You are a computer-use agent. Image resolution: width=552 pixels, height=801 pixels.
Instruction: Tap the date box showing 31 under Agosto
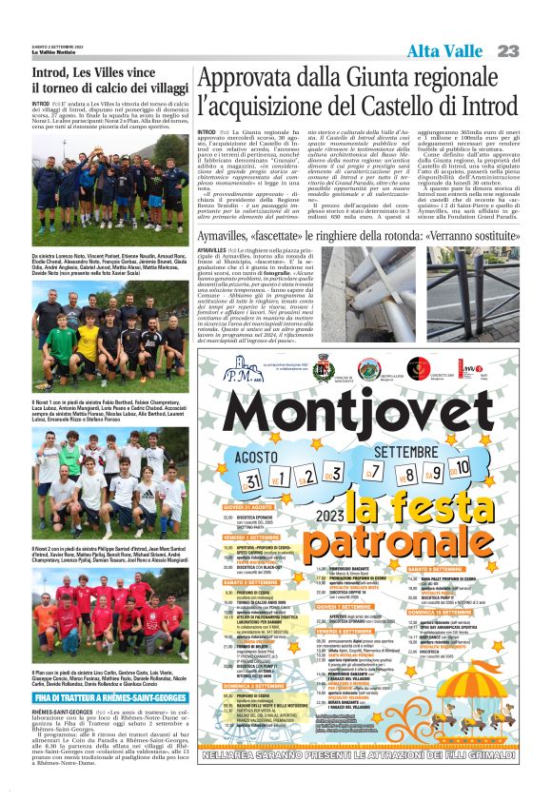(252, 480)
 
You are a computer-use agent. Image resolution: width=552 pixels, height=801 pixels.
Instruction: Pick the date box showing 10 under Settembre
(461, 468)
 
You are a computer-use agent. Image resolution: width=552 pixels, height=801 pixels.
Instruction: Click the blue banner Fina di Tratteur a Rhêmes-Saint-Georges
(99, 671)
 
